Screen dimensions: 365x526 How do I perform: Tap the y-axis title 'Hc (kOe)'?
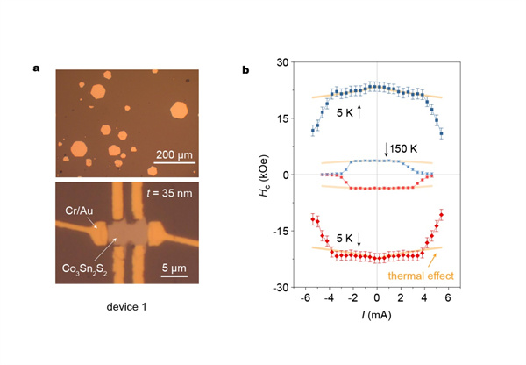263,175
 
